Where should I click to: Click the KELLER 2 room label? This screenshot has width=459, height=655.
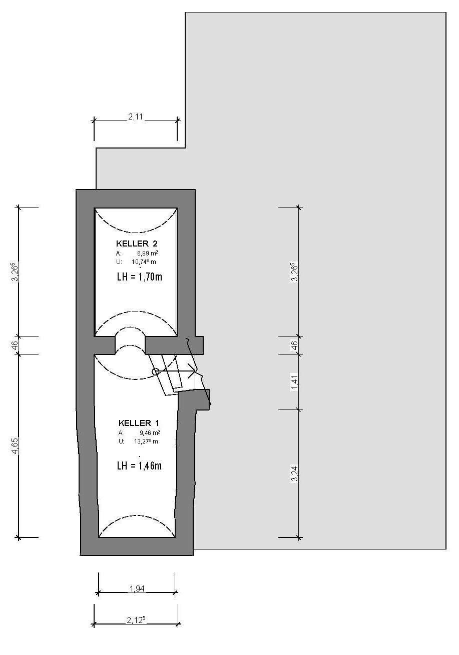[x=137, y=243]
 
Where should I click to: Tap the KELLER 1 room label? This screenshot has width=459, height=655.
[x=139, y=423]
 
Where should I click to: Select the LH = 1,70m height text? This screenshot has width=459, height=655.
[x=139, y=276]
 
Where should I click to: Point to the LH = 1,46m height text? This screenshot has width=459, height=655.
[x=139, y=465]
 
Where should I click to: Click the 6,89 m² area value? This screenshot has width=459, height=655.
[x=148, y=253]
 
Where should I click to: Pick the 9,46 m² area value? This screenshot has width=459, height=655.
[x=150, y=433]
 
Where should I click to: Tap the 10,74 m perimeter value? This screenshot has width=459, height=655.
[x=144, y=261]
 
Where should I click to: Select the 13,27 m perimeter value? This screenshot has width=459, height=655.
[x=146, y=441]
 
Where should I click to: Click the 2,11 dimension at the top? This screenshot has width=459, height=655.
[x=135, y=117]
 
